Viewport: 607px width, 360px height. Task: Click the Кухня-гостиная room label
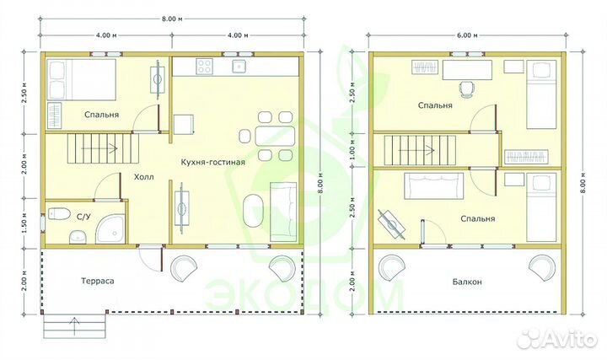tap(213, 162)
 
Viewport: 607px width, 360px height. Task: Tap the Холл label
tap(144, 177)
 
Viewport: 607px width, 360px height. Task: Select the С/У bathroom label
tap(83, 217)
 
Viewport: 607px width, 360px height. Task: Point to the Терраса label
tap(98, 281)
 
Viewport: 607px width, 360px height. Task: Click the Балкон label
tap(467, 282)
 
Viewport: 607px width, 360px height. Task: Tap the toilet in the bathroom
tap(59, 213)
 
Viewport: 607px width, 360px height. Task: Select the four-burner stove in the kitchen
tap(205, 66)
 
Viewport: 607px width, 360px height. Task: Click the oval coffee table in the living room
tap(254, 211)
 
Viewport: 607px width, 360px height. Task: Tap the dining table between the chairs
tap(275, 136)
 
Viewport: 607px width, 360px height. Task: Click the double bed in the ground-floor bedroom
tap(81, 79)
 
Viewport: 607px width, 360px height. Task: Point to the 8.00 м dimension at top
tap(172, 19)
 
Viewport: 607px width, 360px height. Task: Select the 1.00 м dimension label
tap(352, 150)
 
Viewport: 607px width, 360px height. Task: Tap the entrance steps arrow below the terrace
tap(74, 326)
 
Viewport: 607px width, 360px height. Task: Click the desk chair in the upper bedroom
tap(467, 89)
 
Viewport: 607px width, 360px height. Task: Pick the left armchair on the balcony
tap(392, 267)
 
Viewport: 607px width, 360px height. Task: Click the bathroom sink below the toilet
tap(78, 237)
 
